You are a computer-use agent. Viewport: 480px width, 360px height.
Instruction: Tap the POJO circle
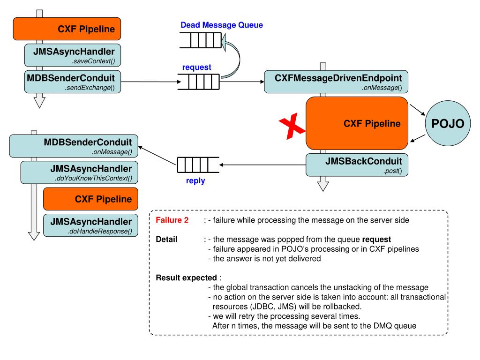pos(448,123)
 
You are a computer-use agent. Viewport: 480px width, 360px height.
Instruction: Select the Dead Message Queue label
pos(222,25)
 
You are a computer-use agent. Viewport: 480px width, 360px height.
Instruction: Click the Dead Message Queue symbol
pos(201,40)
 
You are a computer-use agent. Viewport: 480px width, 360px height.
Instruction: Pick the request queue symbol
pos(199,82)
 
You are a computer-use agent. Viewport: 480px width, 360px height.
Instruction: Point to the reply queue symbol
pos(198,165)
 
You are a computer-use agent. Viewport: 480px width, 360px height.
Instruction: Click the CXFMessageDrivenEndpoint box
pos(336,82)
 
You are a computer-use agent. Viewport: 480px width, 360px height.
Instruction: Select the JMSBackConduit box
pos(357,165)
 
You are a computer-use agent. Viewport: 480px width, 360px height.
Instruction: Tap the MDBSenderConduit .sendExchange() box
pos(73,82)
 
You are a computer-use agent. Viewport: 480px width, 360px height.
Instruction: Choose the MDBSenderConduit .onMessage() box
pos(74,146)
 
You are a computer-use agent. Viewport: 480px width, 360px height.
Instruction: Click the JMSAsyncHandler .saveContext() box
pos(73,55)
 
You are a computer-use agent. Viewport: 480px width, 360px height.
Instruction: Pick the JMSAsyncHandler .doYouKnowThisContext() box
pos(79,172)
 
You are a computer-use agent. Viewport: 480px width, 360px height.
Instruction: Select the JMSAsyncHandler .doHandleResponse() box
pos(90,225)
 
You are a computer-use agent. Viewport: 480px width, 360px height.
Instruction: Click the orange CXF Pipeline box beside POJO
pos(357,123)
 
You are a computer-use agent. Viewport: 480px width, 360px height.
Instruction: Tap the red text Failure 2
pos(172,220)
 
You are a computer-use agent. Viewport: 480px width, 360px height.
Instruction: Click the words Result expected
pos(186,277)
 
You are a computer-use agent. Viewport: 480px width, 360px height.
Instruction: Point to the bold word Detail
pos(166,240)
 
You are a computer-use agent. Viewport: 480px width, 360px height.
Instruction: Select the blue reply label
pos(195,181)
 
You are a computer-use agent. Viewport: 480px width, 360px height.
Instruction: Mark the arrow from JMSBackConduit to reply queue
pos(262,165)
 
